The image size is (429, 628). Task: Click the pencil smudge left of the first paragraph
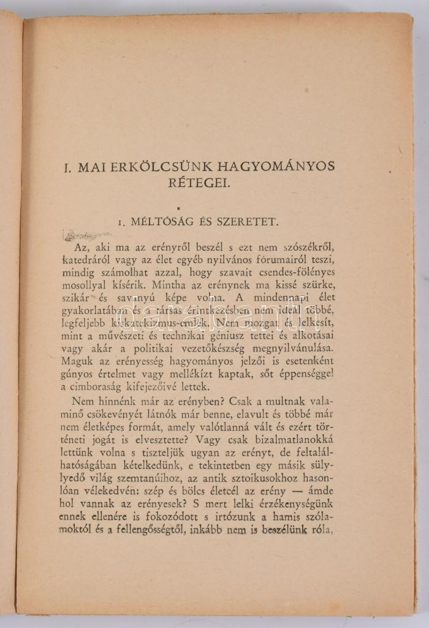click(86, 235)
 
